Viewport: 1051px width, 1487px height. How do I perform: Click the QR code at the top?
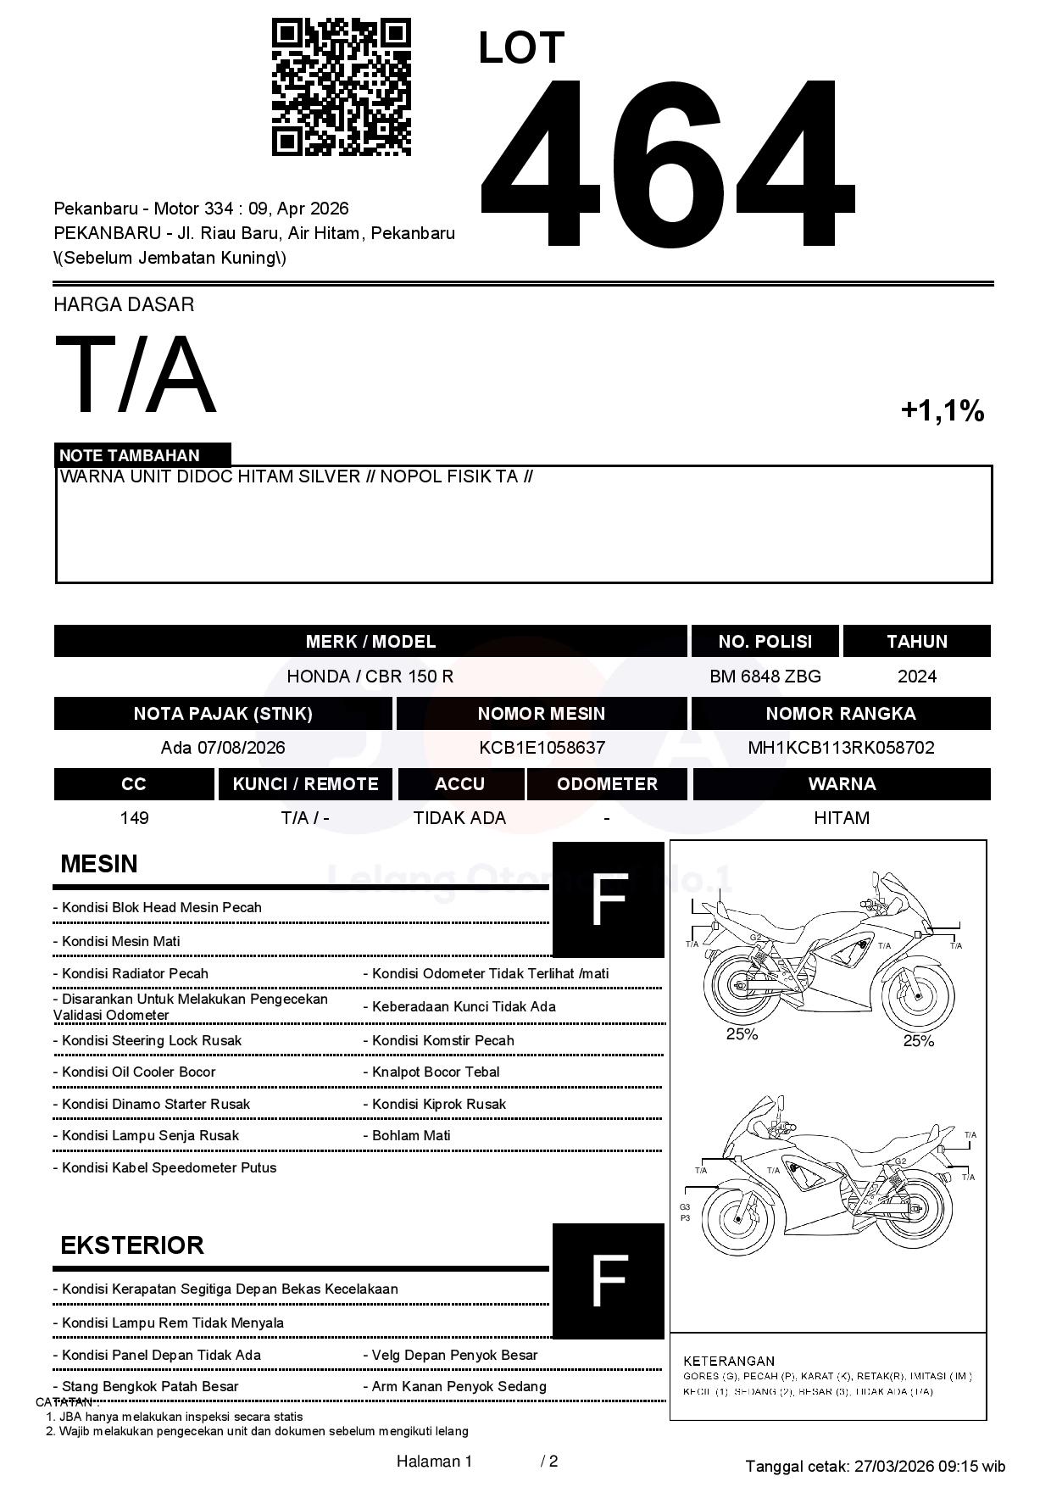[341, 87]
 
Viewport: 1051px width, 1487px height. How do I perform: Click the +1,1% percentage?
[942, 411]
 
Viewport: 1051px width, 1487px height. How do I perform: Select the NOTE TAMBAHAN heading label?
[130, 455]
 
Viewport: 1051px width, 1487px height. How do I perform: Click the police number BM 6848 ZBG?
[765, 677]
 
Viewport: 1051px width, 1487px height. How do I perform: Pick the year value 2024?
[917, 677]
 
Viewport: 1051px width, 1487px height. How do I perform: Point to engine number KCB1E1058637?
[542, 748]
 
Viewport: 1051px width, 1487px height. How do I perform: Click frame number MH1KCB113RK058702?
[841, 748]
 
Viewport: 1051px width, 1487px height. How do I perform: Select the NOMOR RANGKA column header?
[841, 714]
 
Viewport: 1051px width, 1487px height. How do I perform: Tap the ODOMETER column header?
[607, 784]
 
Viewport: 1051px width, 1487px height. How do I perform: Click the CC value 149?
[135, 818]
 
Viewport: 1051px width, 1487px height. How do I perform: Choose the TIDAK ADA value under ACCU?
[459, 818]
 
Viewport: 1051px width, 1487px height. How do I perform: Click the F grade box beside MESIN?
[608, 899]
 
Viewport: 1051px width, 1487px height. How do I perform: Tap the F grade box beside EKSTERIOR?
[608, 1281]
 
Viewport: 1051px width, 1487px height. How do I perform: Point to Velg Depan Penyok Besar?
[454, 1355]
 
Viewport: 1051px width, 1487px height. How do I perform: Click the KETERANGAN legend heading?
[729, 1361]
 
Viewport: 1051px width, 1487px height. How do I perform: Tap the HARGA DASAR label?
[124, 304]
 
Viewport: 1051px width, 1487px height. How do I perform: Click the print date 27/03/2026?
[893, 1466]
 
